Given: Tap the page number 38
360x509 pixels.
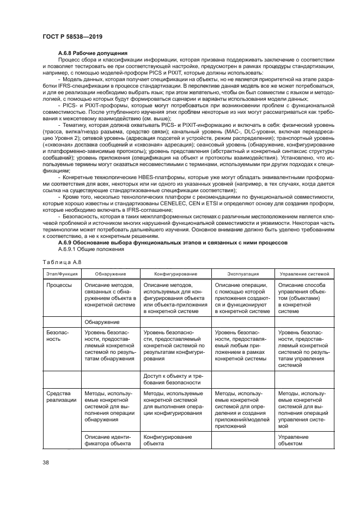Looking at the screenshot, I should [x=46, y=463].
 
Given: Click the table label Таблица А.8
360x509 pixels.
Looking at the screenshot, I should [x=59, y=262].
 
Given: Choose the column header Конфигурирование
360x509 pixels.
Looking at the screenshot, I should [x=175, y=274].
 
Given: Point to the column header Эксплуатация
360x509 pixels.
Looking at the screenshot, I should [x=242, y=274].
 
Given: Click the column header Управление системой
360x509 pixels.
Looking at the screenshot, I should [x=301, y=274].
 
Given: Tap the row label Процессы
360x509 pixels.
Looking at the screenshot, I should [x=59, y=285].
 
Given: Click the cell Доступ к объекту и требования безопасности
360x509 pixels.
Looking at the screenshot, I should [x=173, y=379].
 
